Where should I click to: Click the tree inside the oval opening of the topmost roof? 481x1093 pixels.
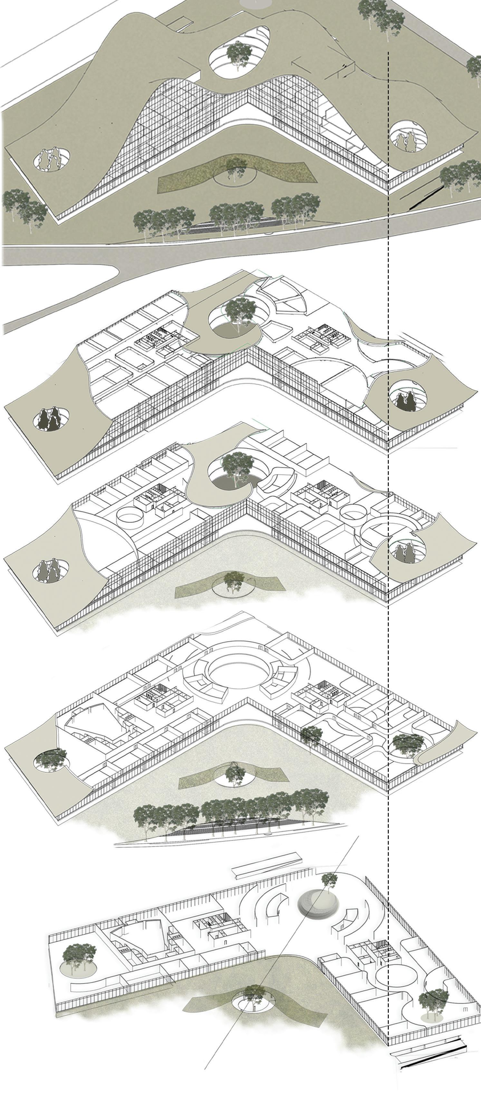point(238,54)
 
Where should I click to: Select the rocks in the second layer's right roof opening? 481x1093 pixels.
point(405,401)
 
